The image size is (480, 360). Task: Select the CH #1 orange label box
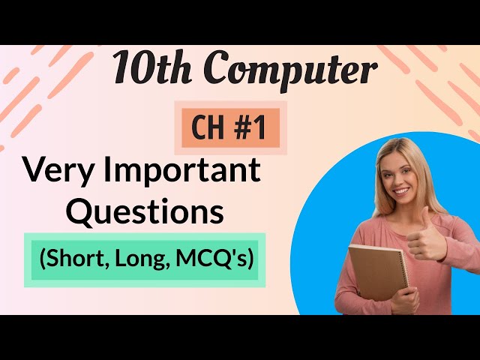[x=231, y=128]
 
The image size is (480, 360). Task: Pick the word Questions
[x=145, y=212]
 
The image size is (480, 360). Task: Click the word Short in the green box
[x=76, y=259]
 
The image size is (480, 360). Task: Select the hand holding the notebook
[x=405, y=299]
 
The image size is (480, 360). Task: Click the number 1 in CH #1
[x=259, y=128]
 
